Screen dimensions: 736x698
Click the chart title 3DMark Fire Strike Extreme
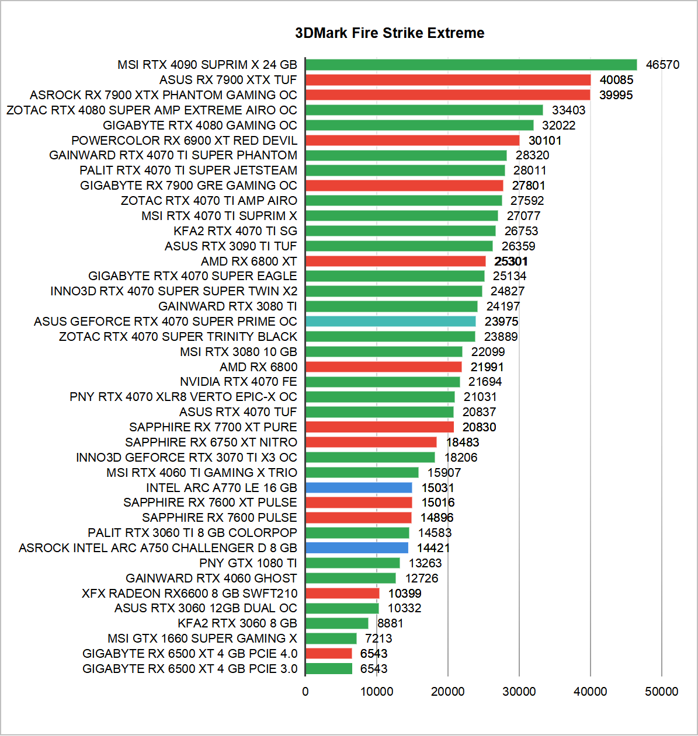click(390, 33)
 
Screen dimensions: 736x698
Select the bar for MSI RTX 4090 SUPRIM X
click(471, 65)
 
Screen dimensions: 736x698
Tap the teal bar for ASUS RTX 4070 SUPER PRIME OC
click(390, 322)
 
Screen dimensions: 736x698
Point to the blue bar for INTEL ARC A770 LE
click(359, 488)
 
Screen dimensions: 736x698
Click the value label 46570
click(662, 65)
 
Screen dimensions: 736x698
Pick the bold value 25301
click(511, 261)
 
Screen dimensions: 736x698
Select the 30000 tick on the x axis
click(519, 692)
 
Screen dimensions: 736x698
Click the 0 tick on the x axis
click(305, 692)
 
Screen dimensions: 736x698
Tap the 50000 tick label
click(662, 692)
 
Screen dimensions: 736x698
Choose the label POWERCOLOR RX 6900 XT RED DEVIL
click(184, 141)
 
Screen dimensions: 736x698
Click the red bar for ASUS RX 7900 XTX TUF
click(448, 80)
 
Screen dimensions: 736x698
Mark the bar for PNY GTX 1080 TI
click(352, 563)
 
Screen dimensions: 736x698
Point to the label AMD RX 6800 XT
click(249, 261)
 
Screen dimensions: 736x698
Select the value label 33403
click(568, 110)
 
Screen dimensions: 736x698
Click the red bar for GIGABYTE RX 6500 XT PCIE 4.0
click(329, 654)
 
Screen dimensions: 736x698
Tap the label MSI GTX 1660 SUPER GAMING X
click(202, 639)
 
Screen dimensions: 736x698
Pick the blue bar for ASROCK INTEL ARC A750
click(357, 548)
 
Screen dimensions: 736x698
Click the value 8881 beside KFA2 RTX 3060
click(390, 623)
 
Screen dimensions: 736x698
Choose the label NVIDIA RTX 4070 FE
click(238, 382)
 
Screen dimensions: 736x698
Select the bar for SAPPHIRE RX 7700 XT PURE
click(380, 427)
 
